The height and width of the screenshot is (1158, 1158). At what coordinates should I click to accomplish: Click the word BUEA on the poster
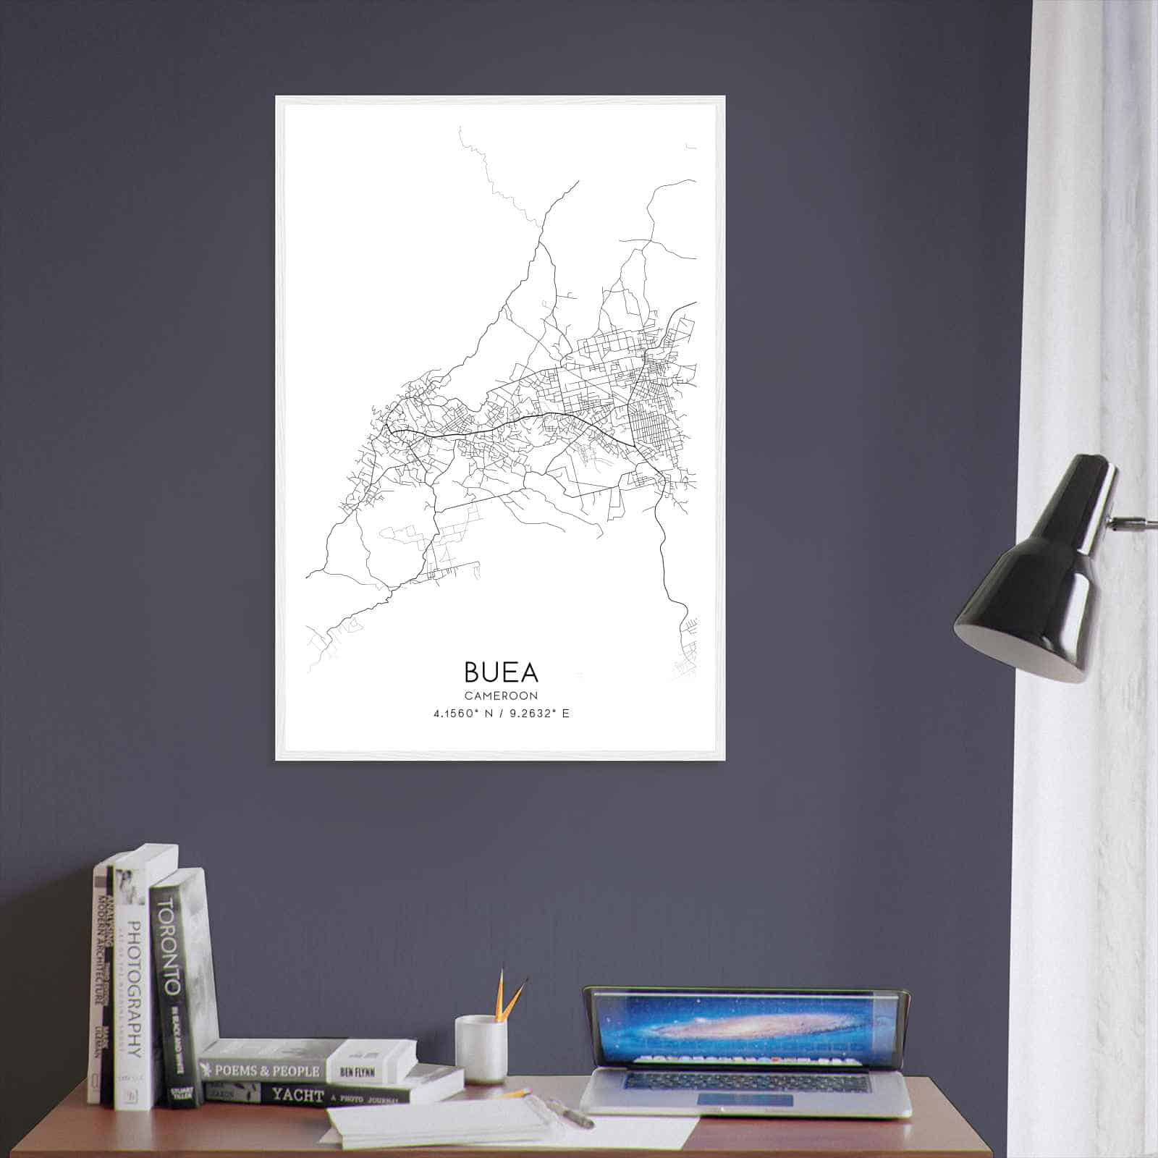tap(501, 672)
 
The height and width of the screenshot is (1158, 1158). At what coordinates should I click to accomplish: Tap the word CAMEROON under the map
tap(501, 696)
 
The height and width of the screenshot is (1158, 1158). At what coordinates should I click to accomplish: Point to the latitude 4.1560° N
tap(463, 714)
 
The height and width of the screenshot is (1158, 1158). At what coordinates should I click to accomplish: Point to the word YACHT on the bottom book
tap(297, 1095)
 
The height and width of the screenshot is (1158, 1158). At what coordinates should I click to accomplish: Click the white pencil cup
tap(480, 1049)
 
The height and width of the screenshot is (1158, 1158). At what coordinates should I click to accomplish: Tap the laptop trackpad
tap(745, 1099)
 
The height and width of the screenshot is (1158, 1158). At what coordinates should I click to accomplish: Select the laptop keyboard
tap(745, 1081)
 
